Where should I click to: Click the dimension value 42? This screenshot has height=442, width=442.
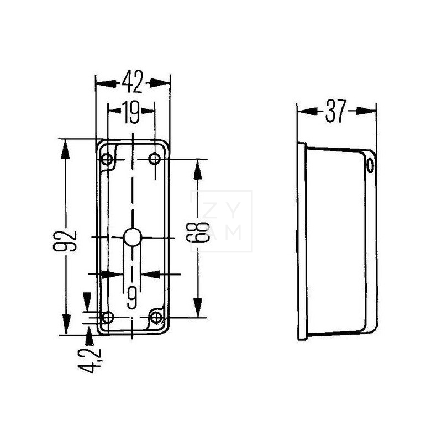[133, 82]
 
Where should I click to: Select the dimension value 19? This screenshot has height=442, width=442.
[131, 112]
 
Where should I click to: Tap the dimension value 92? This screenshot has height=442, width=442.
[65, 241]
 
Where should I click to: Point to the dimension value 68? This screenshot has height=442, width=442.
[198, 232]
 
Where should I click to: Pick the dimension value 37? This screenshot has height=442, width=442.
[335, 111]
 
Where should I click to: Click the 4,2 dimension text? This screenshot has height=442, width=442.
[90, 361]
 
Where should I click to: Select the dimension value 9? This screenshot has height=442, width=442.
[132, 298]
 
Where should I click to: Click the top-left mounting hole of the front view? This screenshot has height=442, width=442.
[107, 159]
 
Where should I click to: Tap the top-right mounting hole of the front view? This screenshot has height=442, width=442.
[155, 159]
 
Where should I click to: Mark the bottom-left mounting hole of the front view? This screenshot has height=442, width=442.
[107, 317]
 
